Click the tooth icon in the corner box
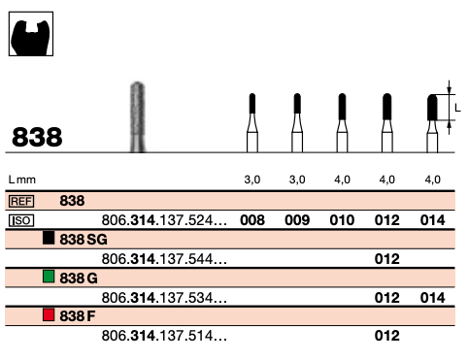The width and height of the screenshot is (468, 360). (31, 38)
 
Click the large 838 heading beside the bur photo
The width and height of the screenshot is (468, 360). (37, 137)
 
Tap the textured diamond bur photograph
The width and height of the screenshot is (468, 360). (138, 116)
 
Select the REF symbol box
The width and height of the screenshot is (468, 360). (21, 201)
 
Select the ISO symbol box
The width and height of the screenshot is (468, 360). (21, 221)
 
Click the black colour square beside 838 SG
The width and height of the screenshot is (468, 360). (49, 238)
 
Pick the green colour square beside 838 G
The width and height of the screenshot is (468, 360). (49, 277)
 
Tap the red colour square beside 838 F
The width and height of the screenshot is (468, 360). (49, 314)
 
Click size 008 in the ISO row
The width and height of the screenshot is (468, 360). (252, 220)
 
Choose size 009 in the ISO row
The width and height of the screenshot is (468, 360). (297, 220)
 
